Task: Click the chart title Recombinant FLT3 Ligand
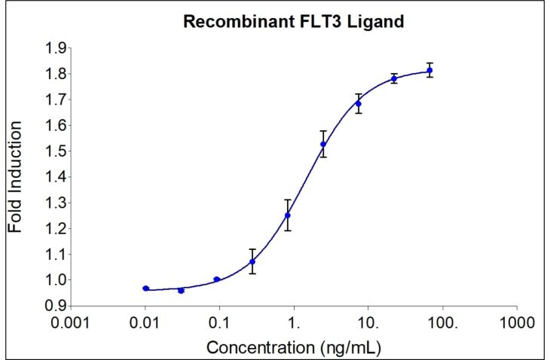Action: click(294, 21)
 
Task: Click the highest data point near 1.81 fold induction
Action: click(429, 71)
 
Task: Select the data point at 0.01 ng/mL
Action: click(145, 288)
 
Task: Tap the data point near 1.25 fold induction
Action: click(287, 215)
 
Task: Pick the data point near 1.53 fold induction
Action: click(323, 144)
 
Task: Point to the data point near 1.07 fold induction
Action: click(252, 261)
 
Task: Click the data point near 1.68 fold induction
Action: click(359, 103)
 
